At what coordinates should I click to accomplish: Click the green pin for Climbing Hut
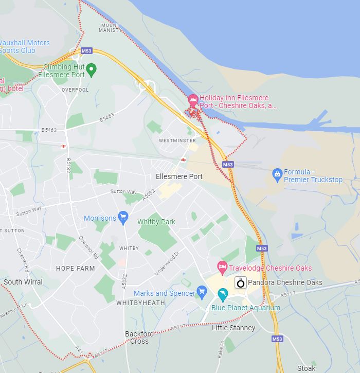[x=91, y=69]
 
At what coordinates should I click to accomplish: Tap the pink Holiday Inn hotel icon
[x=193, y=99]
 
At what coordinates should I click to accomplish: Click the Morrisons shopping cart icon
[x=122, y=217]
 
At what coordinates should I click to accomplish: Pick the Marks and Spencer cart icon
[x=202, y=293]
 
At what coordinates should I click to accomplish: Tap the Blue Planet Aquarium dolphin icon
[x=223, y=295]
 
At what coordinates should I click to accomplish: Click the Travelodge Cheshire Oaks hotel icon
[x=222, y=267]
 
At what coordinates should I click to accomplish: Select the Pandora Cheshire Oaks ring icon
[x=240, y=282]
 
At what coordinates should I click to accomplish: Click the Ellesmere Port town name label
[x=179, y=176]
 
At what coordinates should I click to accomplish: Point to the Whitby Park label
[x=156, y=222]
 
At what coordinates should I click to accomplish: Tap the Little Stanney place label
[x=233, y=328]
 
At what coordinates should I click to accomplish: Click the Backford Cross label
[x=139, y=337]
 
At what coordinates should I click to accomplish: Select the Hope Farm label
[x=75, y=269]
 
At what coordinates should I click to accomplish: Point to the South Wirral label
[x=23, y=282]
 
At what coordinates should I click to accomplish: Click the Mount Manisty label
[x=111, y=28]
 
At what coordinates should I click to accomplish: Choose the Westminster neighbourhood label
[x=177, y=140]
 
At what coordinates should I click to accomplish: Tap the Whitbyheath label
[x=140, y=303]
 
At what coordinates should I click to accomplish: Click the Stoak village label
[x=306, y=368]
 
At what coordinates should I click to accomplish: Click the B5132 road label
[x=68, y=165]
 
